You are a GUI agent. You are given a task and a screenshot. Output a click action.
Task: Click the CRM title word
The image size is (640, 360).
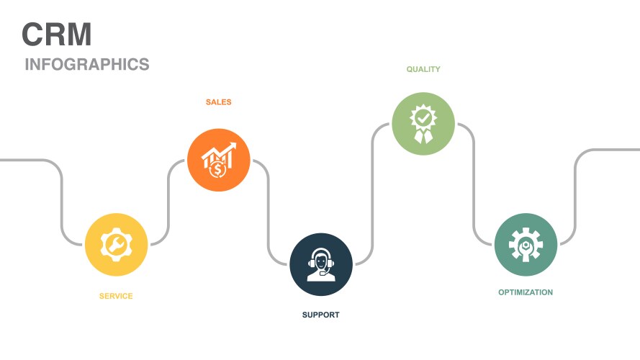point(56,35)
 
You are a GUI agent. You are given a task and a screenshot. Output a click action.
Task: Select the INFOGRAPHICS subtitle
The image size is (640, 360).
point(87,64)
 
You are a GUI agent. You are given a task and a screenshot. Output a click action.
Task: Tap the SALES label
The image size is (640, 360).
point(218,102)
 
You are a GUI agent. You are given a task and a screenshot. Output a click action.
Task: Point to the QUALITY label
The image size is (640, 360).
point(423,70)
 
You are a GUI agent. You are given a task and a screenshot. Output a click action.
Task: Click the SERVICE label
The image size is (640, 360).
point(116,296)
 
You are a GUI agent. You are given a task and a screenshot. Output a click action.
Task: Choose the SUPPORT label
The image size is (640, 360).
point(320,315)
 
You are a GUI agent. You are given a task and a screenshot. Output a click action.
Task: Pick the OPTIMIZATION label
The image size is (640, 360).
point(526,292)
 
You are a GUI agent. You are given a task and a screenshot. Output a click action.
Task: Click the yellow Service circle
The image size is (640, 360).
point(116,245)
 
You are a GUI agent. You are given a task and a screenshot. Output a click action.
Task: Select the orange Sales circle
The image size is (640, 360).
point(218,160)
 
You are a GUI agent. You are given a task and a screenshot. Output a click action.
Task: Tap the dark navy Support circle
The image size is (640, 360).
point(321,264)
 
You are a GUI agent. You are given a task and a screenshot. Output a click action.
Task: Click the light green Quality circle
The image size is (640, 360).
point(423,123)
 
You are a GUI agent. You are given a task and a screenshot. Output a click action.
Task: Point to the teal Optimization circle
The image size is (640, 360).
point(526,245)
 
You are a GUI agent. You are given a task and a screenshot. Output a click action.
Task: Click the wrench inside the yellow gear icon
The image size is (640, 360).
point(116,245)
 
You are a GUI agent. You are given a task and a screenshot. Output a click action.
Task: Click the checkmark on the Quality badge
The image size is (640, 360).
point(423,116)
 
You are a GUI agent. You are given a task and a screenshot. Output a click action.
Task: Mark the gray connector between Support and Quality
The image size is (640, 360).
point(372,194)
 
